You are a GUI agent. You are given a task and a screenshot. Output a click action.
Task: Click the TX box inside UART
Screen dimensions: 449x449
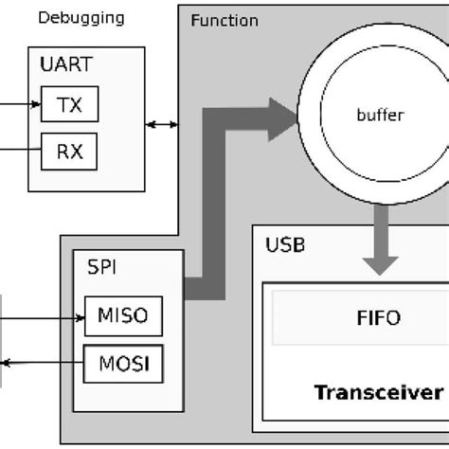pos(69,106)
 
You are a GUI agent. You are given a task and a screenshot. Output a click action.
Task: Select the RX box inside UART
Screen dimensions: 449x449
pos(69,149)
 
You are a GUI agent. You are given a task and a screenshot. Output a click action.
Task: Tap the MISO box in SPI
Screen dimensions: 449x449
pos(123,315)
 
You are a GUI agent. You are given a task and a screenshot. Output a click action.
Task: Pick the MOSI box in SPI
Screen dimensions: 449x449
pos(123,363)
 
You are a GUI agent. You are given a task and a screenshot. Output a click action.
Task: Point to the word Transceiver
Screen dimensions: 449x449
pos(377,392)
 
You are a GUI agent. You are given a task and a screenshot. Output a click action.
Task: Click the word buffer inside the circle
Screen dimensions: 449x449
pos(380,116)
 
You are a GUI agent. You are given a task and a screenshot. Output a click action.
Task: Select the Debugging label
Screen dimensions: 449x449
pos(81,18)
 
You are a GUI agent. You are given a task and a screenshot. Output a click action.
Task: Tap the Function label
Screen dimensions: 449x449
pos(224,20)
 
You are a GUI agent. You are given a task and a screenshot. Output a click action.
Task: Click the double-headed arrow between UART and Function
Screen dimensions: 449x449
pos(162,125)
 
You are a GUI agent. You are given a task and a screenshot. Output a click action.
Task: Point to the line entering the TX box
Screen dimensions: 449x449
pos(19,106)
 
